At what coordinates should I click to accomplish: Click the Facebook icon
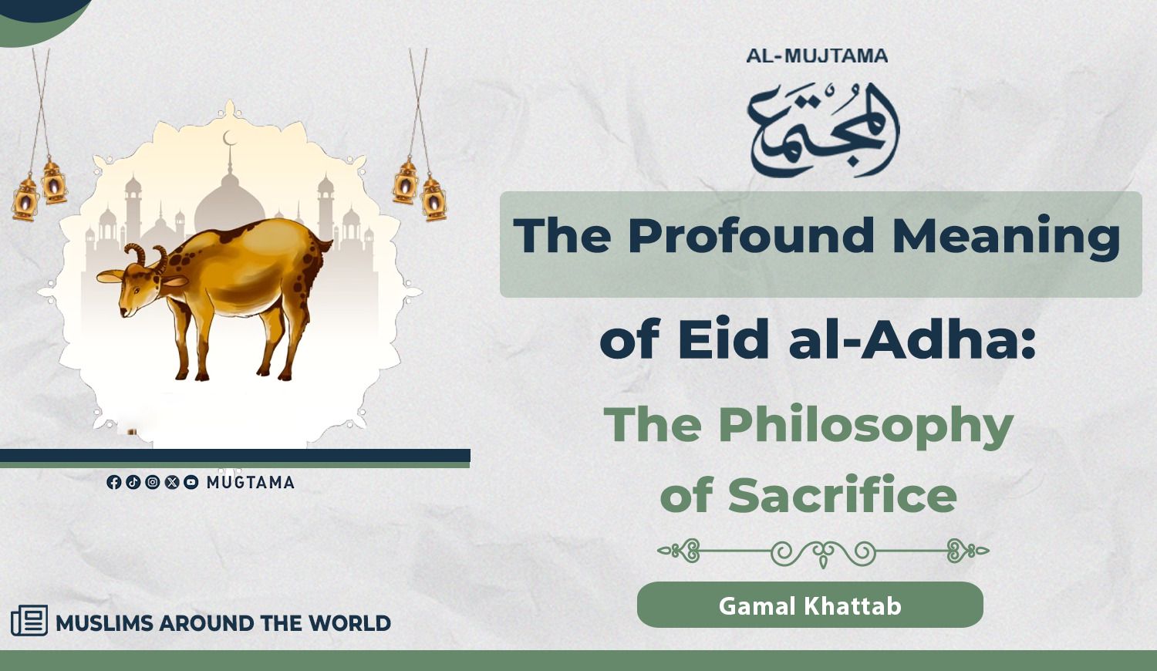pyautogui.click(x=113, y=483)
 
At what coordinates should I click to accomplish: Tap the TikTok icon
pyautogui.click(x=133, y=483)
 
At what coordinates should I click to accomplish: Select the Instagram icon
pyautogui.click(x=153, y=483)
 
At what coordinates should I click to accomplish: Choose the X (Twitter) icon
pyautogui.click(x=172, y=483)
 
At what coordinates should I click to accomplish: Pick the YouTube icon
pyautogui.click(x=191, y=483)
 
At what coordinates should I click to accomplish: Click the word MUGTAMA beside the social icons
pyautogui.click(x=251, y=483)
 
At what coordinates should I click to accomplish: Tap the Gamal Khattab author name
pyautogui.click(x=810, y=606)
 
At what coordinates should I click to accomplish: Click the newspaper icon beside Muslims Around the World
pyautogui.click(x=29, y=620)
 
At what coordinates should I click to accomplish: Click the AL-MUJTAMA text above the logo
pyautogui.click(x=817, y=56)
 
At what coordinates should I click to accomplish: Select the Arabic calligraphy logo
pyautogui.click(x=823, y=130)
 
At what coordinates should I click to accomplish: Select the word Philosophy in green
pyautogui.click(x=866, y=427)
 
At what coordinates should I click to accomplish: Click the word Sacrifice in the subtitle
pyautogui.click(x=842, y=494)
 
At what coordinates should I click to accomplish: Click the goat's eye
pyautogui.click(x=135, y=290)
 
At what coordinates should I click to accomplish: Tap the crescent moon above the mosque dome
pyautogui.click(x=229, y=138)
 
